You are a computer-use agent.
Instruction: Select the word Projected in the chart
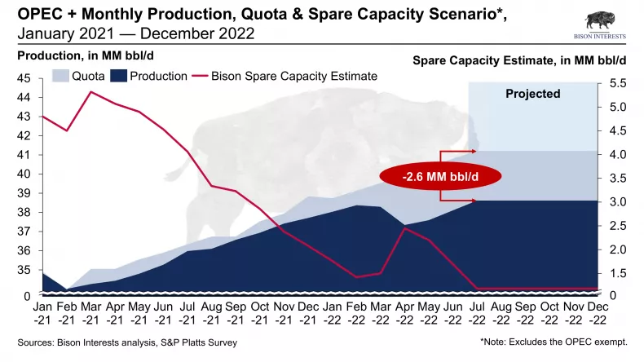[x=533, y=94]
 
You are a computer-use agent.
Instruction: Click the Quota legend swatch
[x=61, y=77]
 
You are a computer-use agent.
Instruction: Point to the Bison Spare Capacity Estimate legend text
[x=293, y=77]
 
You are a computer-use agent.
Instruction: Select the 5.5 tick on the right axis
[x=616, y=84]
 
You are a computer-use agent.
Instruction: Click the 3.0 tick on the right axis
[x=616, y=202]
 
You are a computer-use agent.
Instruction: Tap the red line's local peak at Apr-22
[x=405, y=228]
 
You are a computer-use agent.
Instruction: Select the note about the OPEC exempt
[x=554, y=342]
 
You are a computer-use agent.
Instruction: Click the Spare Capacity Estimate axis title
[x=520, y=60]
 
